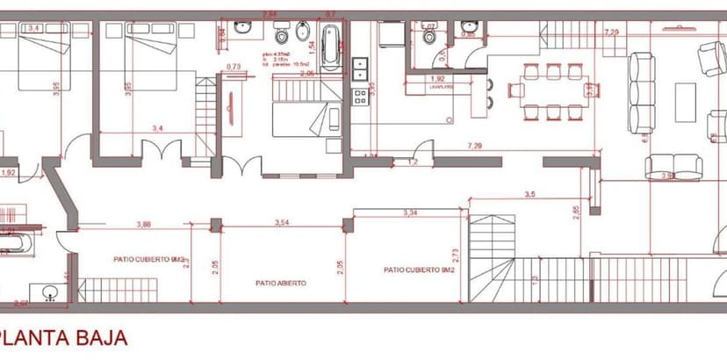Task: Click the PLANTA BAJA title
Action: pos(65,338)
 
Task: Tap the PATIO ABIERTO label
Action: pos(281,283)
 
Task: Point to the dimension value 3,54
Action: pos(283,223)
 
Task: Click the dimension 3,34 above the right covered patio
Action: pos(410,212)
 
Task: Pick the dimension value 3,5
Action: pos(529,194)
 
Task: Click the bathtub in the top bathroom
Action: pos(330,47)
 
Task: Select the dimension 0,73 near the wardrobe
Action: pos(234,67)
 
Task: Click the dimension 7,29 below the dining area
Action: pos(475,144)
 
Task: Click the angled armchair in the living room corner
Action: pos(710,58)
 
